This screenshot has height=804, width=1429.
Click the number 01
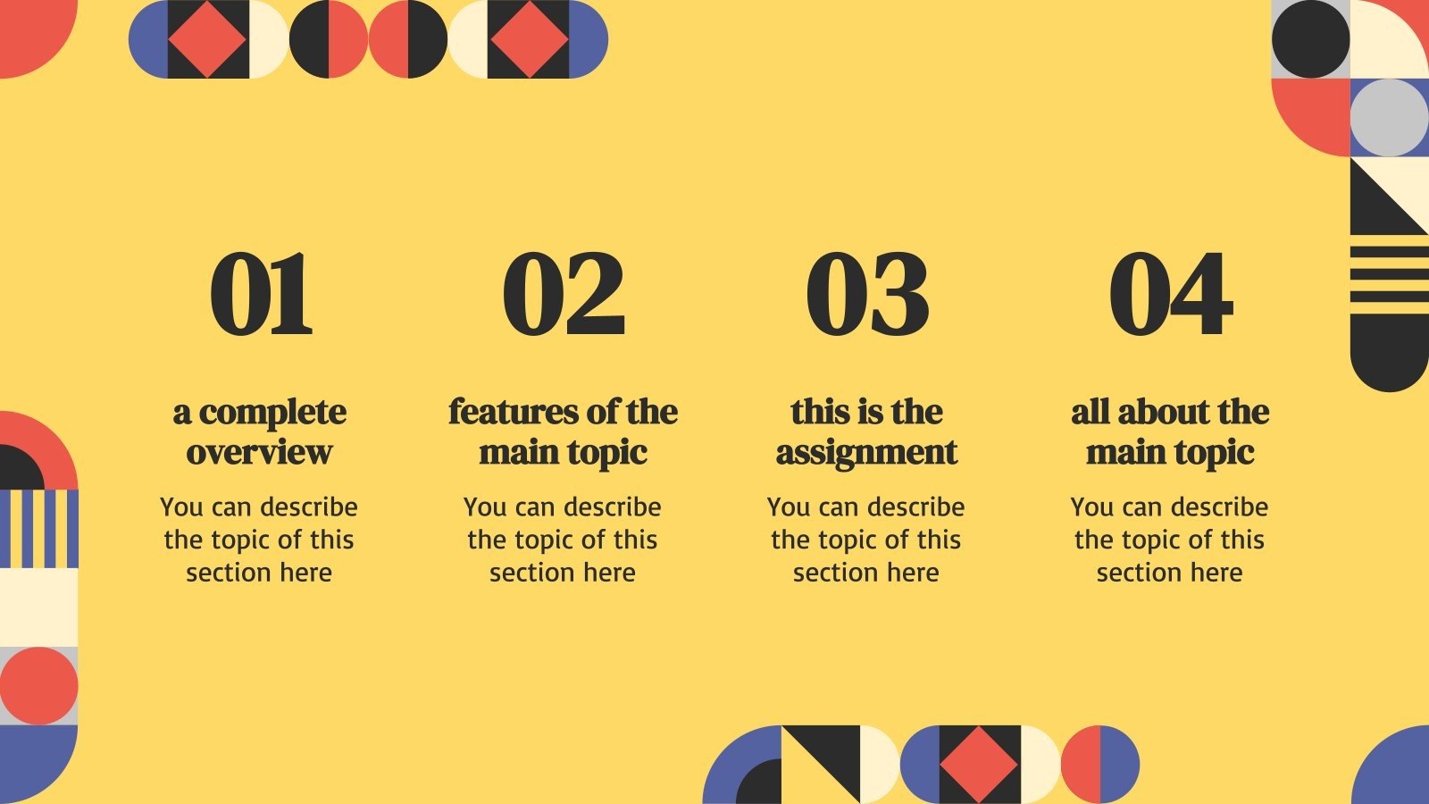[x=261, y=294]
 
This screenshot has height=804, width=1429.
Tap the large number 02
[x=563, y=294]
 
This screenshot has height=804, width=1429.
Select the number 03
[x=866, y=294]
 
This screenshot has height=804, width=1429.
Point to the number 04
[x=1170, y=294]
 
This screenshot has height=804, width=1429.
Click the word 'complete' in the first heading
[x=272, y=413]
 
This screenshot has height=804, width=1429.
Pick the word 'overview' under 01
[x=259, y=452]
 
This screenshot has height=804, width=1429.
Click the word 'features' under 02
[x=512, y=412]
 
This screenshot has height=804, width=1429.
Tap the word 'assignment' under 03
[x=866, y=453]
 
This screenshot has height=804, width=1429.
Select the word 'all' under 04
[x=1091, y=412]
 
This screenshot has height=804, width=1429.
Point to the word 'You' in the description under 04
[x=1091, y=507]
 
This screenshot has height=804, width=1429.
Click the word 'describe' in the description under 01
[x=308, y=507]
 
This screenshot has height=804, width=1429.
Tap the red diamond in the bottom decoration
[x=979, y=765]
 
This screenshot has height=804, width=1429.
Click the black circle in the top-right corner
[x=1310, y=38]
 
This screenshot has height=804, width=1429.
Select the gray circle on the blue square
[x=1389, y=117]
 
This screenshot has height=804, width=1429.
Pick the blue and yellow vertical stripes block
[x=39, y=529]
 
